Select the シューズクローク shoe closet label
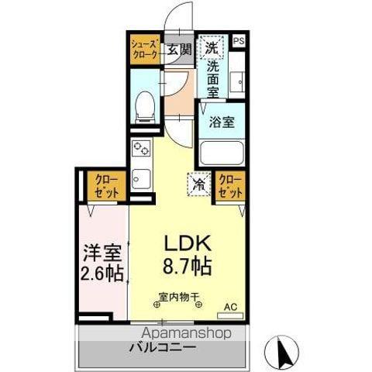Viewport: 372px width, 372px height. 144,49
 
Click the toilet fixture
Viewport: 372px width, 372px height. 143,106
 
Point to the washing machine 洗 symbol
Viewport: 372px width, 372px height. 211,48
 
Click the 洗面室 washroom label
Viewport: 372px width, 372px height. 212,79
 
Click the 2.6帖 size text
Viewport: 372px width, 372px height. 101,273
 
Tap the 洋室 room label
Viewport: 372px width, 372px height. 101,252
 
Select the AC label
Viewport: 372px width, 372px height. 230,307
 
